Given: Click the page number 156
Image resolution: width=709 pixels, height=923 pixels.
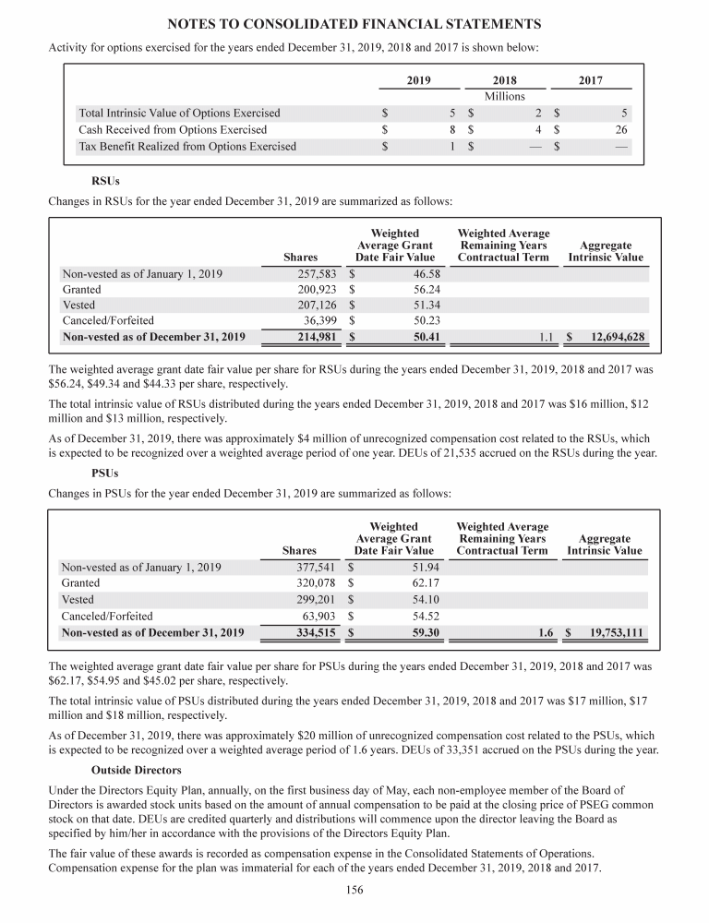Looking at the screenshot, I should click(x=354, y=890).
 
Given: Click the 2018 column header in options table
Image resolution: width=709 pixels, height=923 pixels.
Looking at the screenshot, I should click(x=505, y=80).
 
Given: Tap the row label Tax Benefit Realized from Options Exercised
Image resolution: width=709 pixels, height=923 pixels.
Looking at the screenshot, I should click(x=187, y=146).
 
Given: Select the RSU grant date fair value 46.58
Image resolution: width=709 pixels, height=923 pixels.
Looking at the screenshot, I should click(x=424, y=272).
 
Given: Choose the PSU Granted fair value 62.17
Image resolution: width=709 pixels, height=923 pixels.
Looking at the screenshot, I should click(x=424, y=583).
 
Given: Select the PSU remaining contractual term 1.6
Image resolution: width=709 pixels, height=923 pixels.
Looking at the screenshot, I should click(x=545, y=632).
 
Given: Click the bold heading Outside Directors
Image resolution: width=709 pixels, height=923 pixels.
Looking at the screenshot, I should click(x=136, y=769).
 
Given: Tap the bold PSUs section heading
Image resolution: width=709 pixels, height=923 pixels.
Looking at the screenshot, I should click(x=106, y=474).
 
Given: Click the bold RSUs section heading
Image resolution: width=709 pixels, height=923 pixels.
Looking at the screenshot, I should click(x=106, y=181).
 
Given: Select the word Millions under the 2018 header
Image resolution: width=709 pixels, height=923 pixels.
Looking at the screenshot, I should click(x=505, y=96).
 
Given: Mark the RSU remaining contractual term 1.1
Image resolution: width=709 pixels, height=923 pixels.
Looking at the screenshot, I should click(x=545, y=337).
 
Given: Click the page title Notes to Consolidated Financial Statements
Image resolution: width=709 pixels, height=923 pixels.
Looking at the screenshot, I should click(x=354, y=22).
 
